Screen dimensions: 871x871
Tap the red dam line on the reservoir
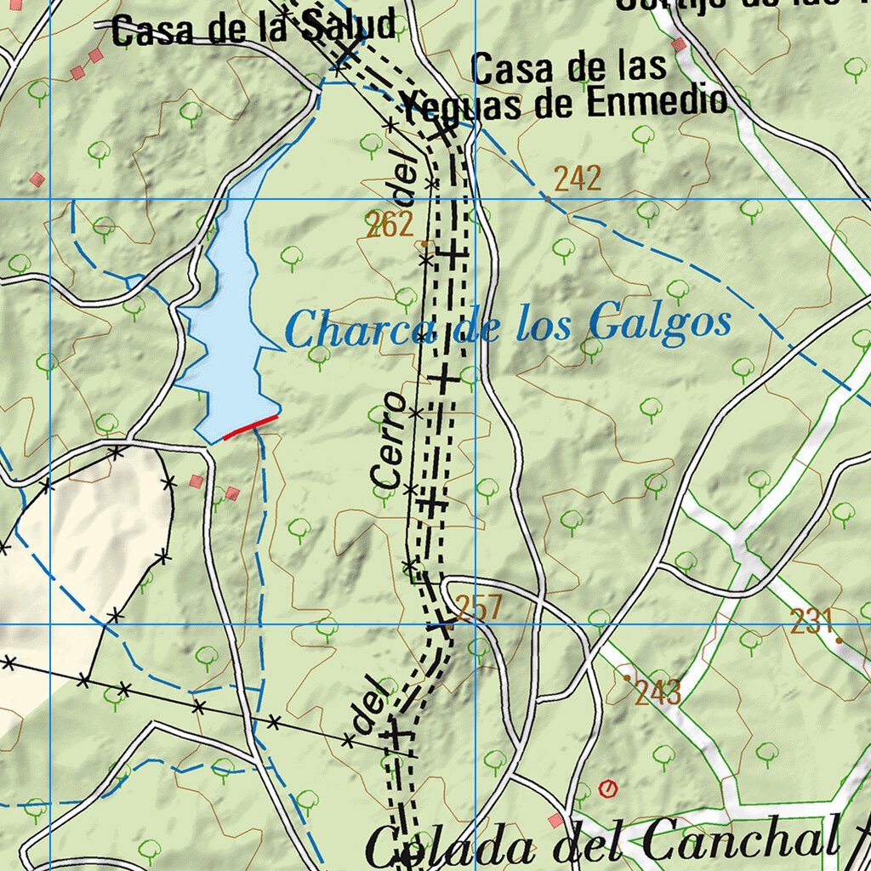point(251,427)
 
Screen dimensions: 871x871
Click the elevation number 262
point(390,225)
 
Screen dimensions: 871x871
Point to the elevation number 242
point(578,179)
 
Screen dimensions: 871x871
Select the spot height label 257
point(478,608)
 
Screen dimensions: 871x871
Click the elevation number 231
point(811,623)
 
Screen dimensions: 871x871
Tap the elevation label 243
point(658,693)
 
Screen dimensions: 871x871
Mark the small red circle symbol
point(607,789)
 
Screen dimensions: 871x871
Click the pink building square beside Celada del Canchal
point(555,820)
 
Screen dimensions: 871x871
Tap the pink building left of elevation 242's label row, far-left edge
point(37,179)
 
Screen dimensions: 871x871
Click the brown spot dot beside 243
point(628,678)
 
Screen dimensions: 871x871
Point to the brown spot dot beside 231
point(839,639)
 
